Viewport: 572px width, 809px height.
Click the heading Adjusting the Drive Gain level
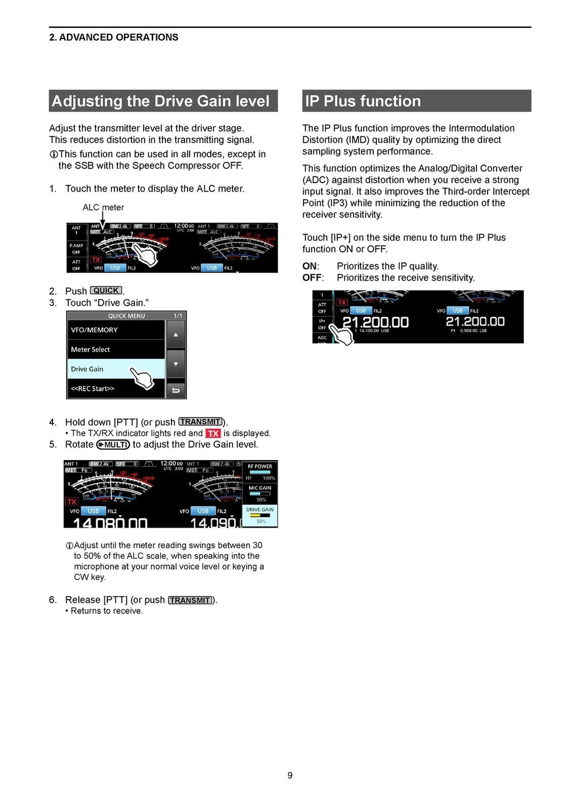pos(161,101)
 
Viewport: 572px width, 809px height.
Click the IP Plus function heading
pos(363,101)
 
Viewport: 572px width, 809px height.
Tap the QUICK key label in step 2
pos(106,291)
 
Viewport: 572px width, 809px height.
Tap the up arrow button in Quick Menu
pos(175,335)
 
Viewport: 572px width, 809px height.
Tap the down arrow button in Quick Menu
pos(175,364)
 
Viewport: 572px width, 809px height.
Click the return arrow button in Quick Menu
pos(175,390)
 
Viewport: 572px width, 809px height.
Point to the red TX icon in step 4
pos(213,433)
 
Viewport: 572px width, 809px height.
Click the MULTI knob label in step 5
pos(113,445)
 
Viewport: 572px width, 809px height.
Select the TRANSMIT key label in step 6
pos(190,600)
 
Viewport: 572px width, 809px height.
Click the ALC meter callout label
pos(103,207)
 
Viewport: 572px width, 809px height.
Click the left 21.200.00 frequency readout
pos(375,322)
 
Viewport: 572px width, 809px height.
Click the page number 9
pos(290,775)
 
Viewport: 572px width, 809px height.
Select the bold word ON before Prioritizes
pos(309,266)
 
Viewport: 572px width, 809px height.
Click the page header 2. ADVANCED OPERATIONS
pos(114,37)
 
